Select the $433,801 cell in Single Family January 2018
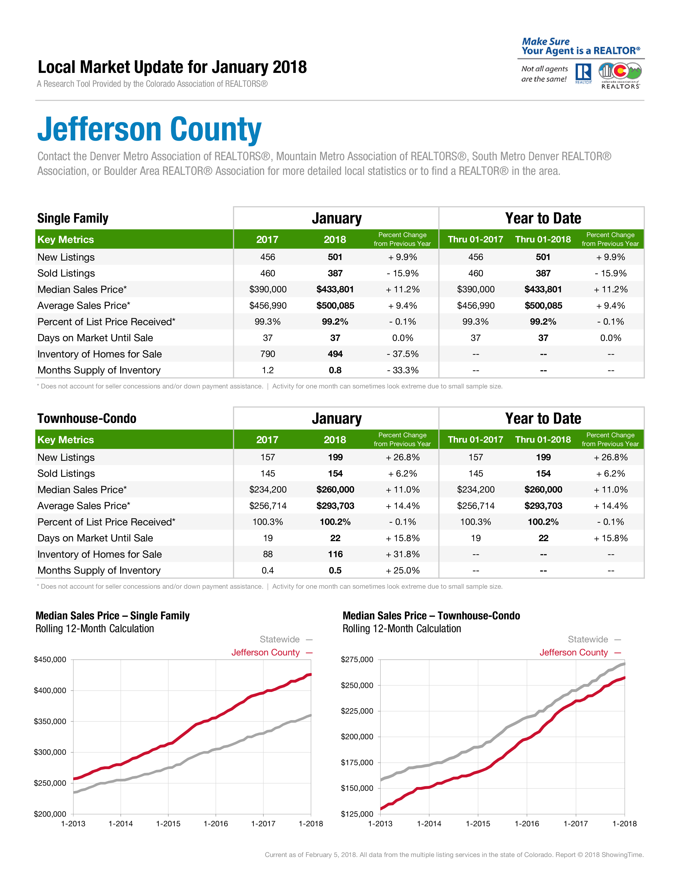click(335, 289)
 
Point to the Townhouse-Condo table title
click(87, 418)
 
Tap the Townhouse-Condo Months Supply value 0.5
click(335, 571)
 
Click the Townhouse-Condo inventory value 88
click(268, 554)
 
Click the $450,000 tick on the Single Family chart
click(50, 659)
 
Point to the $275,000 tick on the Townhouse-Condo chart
click(357, 659)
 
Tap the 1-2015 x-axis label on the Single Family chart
click(168, 823)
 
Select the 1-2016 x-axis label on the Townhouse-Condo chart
click(527, 823)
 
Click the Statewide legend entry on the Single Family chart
click(280, 639)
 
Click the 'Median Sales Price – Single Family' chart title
click(112, 616)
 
